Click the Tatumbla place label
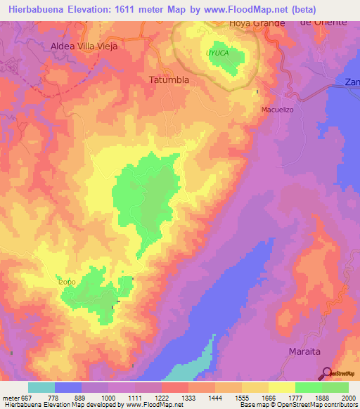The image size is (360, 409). pos(169,79)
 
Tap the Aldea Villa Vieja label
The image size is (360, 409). pos(84,46)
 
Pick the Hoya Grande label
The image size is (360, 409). pos(257,23)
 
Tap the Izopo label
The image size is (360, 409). pos(67,282)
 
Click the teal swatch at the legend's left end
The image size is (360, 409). pos(41,387)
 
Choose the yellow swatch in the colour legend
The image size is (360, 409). pos(282,387)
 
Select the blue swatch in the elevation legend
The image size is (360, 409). pos(68,387)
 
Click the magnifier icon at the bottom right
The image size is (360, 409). pos(326,373)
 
